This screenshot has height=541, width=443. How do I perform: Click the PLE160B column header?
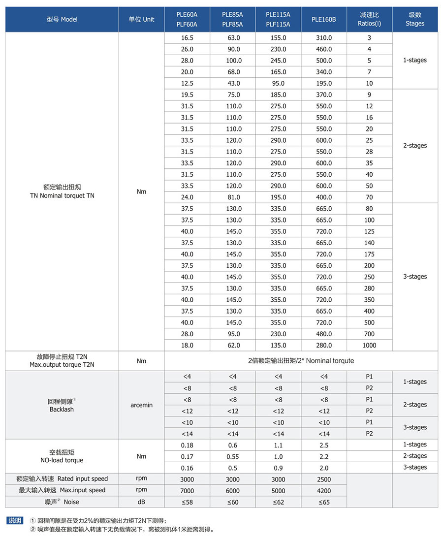(323, 19)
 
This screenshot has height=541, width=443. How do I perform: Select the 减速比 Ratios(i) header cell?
(369, 19)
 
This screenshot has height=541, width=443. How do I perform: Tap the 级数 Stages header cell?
(415, 19)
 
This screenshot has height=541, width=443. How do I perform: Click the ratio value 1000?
(369, 346)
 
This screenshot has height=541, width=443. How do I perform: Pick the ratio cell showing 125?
(369, 231)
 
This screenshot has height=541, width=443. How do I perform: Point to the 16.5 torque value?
(187, 38)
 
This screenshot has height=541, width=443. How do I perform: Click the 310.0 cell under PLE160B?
(323, 38)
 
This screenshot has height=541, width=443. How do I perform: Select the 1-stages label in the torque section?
(415, 61)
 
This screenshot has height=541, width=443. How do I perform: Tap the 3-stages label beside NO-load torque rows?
(415, 467)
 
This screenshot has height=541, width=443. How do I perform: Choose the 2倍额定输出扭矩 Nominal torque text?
(301, 361)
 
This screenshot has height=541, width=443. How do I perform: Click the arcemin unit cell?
(141, 405)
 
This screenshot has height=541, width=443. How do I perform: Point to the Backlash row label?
(62, 409)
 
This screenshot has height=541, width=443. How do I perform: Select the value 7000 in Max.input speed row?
(187, 490)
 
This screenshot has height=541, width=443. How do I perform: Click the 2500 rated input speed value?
(324, 479)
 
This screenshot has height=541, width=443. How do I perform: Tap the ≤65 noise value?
(324, 502)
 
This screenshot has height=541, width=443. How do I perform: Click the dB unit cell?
(141, 502)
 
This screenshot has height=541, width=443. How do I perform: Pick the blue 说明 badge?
(15, 520)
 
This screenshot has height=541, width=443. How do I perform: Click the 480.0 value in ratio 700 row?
(323, 334)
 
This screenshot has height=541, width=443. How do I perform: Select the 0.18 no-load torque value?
(187, 445)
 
